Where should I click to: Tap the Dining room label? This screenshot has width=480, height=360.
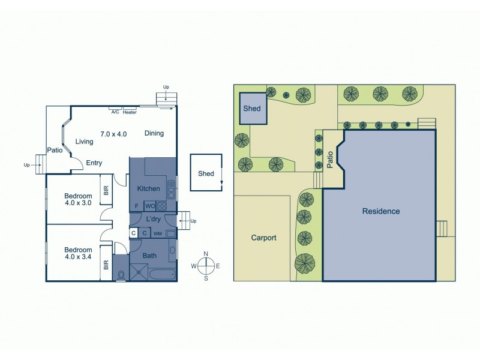pos(154,133)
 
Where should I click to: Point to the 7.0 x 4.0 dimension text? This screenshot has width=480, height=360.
pos(113,133)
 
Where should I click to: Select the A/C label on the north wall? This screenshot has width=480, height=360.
pos(115,111)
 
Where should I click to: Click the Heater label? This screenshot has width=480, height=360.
pos(130,111)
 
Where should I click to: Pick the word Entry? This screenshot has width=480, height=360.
pos(94,163)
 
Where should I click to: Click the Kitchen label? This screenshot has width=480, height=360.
pos(149,188)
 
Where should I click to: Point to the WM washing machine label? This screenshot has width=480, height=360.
pos(158,233)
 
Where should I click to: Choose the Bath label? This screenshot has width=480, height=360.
pos(149,255)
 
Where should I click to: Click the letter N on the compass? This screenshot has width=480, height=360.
pos(206,254)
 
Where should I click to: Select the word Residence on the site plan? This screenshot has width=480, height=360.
pos(380,211)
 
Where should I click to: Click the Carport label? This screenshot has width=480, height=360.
pos(263,238)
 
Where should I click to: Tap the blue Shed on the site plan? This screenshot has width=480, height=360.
pos(251,109)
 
